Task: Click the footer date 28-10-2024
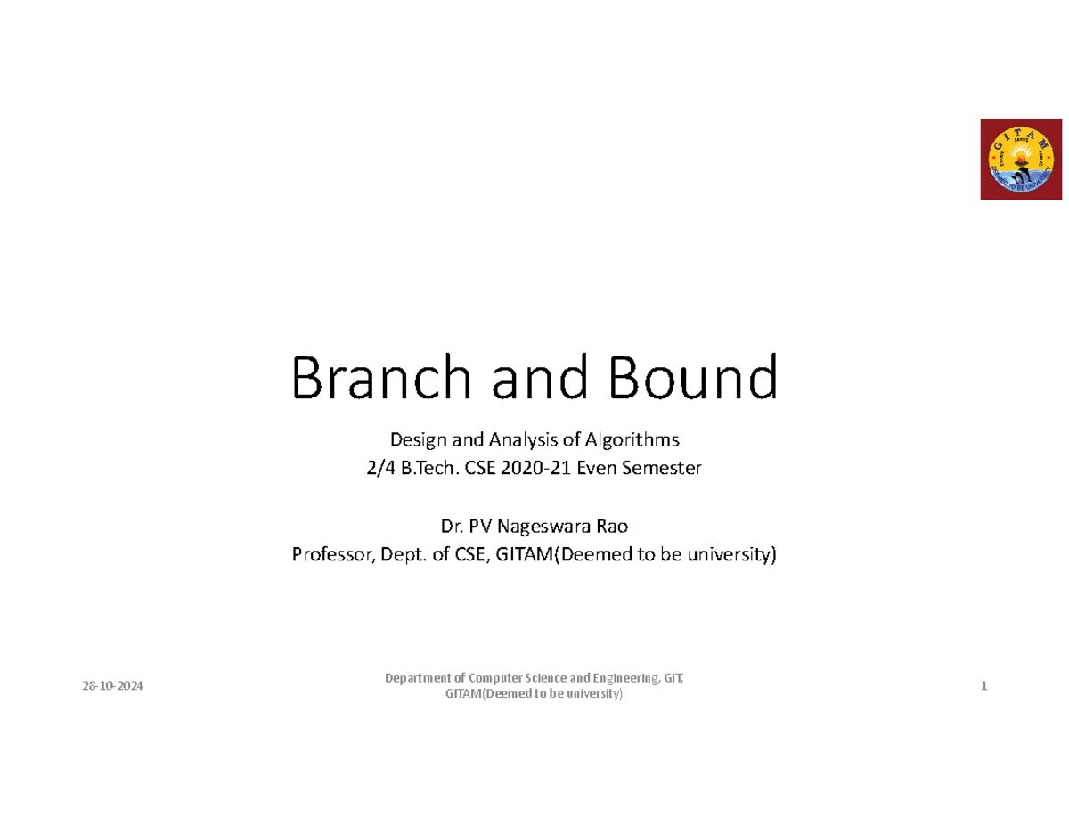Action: pos(112,687)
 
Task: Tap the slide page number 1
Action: pos(983,687)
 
